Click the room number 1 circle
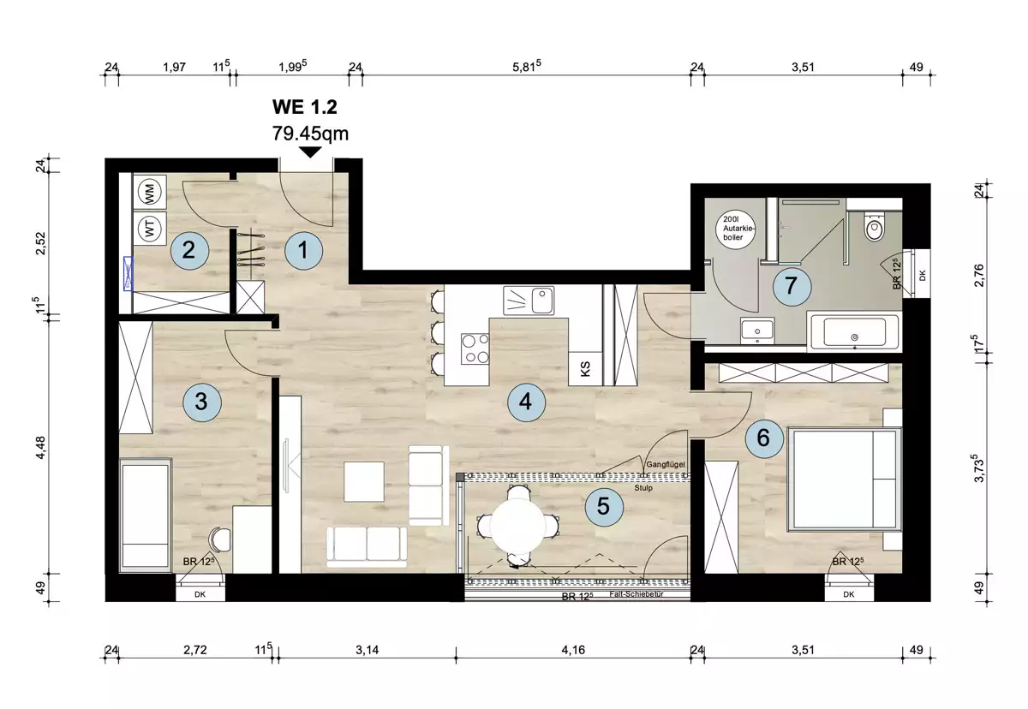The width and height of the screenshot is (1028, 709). click(x=303, y=250)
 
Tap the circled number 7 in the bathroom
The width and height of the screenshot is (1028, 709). click(x=792, y=286)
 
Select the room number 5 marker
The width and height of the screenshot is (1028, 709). click(x=604, y=507)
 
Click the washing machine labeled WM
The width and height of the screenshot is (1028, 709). click(x=150, y=192)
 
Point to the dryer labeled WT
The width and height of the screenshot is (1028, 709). click(x=150, y=228)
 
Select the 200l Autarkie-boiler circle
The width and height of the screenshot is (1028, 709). click(x=736, y=229)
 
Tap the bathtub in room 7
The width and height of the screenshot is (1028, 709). click(x=855, y=331)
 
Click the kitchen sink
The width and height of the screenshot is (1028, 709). click(x=529, y=301)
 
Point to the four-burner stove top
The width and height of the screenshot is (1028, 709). click(x=475, y=349)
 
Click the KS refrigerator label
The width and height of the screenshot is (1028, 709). click(x=585, y=369)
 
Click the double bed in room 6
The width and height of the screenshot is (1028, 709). click(x=845, y=480)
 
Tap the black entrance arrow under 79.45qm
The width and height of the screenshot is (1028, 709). click(x=310, y=152)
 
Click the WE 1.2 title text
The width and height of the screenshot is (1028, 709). click(x=305, y=107)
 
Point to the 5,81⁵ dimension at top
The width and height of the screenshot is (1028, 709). click(x=526, y=67)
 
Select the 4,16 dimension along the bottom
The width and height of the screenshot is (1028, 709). click(x=573, y=650)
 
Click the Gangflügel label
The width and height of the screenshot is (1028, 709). click(x=666, y=465)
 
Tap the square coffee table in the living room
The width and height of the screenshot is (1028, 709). click(x=364, y=481)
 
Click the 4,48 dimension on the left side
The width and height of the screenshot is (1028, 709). click(x=41, y=447)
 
